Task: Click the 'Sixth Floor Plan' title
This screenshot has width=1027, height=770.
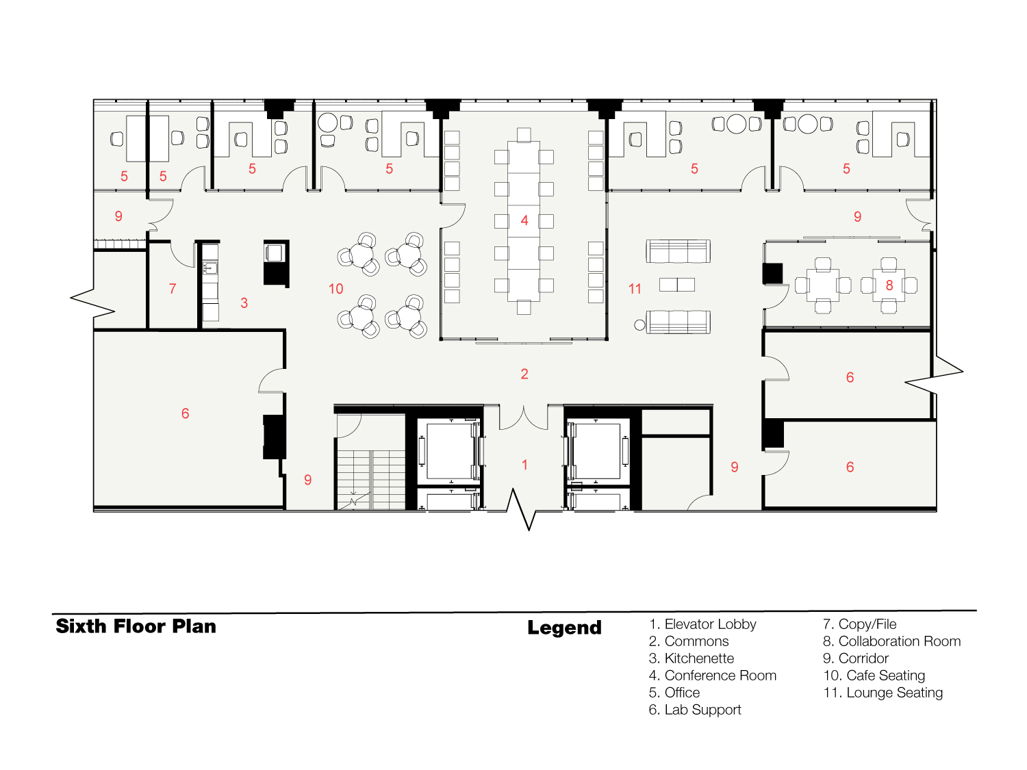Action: [x=136, y=626]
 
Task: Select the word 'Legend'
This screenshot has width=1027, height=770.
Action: [x=564, y=628]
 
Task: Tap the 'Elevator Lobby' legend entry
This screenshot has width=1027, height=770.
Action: [x=702, y=624]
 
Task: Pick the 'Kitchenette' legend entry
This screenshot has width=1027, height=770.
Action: [x=692, y=658]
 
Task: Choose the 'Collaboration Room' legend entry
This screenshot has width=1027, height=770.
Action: [x=892, y=641]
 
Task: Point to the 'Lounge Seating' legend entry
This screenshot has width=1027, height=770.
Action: [x=883, y=693]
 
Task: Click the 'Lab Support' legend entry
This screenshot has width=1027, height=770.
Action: [x=695, y=710]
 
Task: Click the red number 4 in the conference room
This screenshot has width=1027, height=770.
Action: [x=524, y=220]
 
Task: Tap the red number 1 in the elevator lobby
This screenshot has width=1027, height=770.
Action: [x=524, y=465]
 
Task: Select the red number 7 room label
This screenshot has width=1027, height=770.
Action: [x=173, y=288]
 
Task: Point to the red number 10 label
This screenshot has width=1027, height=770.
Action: [x=336, y=288]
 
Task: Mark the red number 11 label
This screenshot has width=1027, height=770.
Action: [x=635, y=288]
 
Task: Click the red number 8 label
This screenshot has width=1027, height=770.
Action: [x=889, y=285]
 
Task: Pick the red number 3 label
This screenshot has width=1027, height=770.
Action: [x=244, y=303]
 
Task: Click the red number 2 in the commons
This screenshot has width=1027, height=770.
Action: [x=524, y=374]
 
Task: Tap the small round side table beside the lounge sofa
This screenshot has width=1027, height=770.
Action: [x=639, y=325]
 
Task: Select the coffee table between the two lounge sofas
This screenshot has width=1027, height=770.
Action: [x=677, y=284]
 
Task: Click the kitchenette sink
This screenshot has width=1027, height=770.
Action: [x=210, y=268]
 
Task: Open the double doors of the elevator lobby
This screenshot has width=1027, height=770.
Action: [x=524, y=418]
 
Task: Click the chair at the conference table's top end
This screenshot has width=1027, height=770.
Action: [x=524, y=135]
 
